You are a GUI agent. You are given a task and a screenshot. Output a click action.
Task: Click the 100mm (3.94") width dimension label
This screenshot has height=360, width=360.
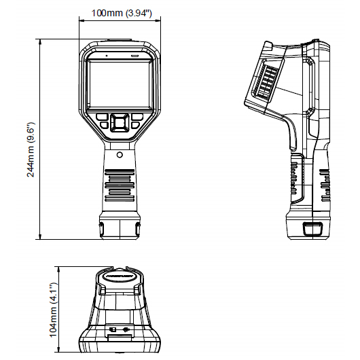coord(122,13)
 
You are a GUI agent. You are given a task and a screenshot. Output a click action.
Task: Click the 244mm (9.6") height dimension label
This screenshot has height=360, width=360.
coord(31,149)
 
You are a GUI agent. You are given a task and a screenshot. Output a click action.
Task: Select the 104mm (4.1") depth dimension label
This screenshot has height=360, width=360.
coord(53,310)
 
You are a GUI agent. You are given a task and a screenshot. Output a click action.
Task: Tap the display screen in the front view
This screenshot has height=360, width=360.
coord(120,84)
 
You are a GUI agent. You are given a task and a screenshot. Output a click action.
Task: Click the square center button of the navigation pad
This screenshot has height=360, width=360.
coord(120,123)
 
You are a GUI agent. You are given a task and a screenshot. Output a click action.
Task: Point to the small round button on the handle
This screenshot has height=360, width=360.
coord(120,154)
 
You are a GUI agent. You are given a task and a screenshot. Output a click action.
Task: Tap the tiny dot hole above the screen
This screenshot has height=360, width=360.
coord(106,56)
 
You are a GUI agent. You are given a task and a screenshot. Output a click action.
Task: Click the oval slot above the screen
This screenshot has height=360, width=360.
coord(134,56)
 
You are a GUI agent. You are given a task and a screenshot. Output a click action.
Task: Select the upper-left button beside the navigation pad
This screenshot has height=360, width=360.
coord(102,117)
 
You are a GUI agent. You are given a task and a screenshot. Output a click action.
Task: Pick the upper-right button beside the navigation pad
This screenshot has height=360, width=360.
coord(137,117)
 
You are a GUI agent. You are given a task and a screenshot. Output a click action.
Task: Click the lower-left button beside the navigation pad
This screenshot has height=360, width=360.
coord(105,125)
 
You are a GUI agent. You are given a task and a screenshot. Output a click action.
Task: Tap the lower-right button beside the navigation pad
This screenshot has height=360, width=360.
coord(135,125)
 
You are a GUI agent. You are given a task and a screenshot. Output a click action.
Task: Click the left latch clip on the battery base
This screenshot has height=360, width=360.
coord(101,229)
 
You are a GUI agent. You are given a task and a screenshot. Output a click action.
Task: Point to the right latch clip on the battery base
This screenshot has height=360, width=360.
coord(138,229)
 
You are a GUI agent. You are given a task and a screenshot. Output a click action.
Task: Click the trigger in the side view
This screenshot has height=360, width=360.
coord(291,135)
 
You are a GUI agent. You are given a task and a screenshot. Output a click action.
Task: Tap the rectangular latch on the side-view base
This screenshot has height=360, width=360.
coord(312,229)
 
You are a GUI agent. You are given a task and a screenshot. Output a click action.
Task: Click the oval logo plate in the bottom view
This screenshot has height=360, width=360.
coord(120,276)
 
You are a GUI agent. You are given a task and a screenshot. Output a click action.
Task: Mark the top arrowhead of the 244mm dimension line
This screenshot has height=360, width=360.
coord(40,41)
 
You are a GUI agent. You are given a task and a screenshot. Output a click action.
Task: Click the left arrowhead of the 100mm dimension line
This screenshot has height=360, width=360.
coord(82,21)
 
